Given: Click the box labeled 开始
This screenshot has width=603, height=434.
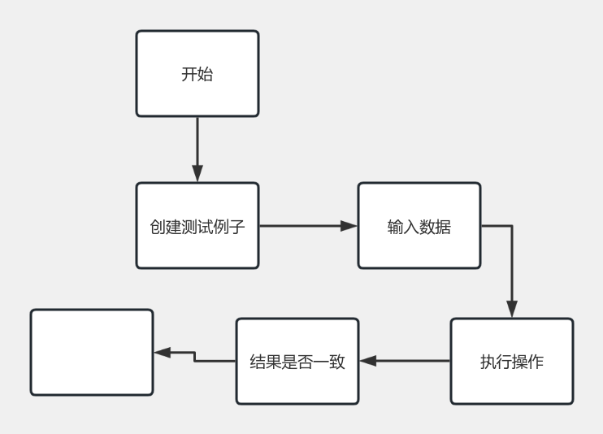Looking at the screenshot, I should (197, 74).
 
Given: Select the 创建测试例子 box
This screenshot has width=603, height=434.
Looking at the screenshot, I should (197, 225).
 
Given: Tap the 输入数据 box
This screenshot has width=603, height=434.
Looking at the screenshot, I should (419, 225).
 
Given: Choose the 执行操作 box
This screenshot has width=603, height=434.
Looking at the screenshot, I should (512, 361).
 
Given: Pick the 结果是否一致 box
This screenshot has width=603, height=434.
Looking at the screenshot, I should (297, 361).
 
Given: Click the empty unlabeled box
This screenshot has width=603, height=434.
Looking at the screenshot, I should (91, 352).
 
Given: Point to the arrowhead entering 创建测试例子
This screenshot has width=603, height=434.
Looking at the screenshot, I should (197, 174).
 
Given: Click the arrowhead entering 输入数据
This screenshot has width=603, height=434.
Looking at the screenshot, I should (349, 226).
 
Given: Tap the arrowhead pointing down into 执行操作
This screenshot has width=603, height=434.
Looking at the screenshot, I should (512, 310).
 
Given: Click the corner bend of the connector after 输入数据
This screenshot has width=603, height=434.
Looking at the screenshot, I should (512, 226).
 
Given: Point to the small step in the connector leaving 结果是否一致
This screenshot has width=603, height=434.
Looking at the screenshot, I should (195, 357).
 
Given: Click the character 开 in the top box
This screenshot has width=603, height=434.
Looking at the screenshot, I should (189, 74).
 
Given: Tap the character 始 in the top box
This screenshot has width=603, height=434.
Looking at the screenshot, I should (206, 74).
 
